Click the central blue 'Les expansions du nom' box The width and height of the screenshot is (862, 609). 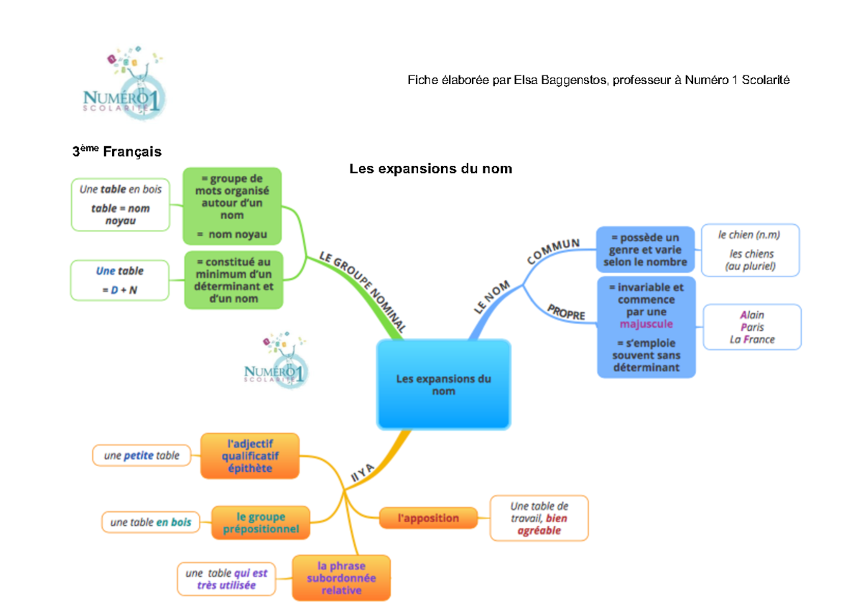443,384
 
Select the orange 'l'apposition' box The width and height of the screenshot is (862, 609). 429,517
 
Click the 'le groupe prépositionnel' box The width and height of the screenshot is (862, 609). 261,523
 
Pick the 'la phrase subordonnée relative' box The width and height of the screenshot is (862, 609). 341,577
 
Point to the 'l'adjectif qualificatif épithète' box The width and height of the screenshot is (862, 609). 250,456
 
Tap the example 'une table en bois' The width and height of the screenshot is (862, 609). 151,523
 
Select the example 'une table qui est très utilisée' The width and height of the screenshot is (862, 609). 226,579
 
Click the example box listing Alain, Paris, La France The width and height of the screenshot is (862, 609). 752,327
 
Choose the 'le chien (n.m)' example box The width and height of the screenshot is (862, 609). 749,250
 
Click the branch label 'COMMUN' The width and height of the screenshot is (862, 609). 553,251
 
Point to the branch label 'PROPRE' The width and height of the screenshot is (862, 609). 566,312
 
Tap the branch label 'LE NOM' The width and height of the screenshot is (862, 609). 492,297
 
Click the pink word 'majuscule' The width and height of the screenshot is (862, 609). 646,324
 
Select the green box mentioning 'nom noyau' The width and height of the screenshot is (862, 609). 232,206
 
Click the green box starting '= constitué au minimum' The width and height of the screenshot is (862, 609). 233,280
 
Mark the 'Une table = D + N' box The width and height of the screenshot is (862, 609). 120,280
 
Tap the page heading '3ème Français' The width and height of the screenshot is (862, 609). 116,152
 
